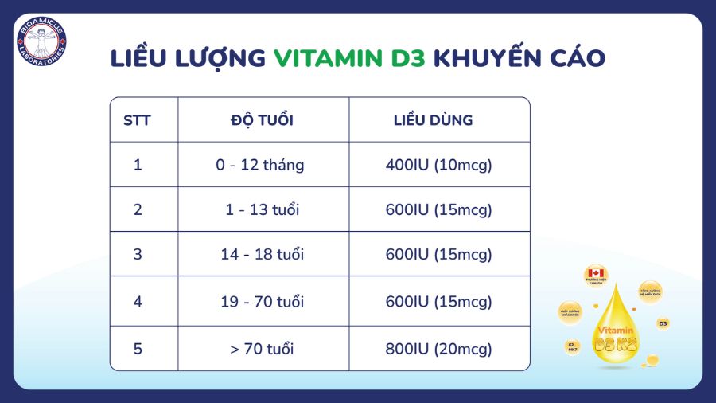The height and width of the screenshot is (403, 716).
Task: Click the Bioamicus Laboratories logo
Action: (41, 41)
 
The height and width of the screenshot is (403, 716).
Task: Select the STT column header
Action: (138, 121)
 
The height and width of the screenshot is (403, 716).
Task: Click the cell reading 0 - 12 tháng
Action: (259, 166)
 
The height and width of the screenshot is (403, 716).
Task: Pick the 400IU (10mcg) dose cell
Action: (439, 166)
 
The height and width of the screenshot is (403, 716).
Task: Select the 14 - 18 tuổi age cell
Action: (262, 255)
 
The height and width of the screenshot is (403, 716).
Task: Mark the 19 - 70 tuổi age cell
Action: (262, 303)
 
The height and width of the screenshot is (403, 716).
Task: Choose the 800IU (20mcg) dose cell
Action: (439, 349)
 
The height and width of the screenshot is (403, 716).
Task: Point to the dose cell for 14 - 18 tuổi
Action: (439, 255)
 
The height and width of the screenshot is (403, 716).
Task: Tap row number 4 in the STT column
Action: (138, 303)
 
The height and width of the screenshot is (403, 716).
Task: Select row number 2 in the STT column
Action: (138, 210)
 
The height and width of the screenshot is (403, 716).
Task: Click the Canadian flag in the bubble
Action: (595, 274)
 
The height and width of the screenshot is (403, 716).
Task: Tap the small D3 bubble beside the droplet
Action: (662, 323)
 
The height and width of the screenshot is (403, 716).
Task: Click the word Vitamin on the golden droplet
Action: (616, 329)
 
